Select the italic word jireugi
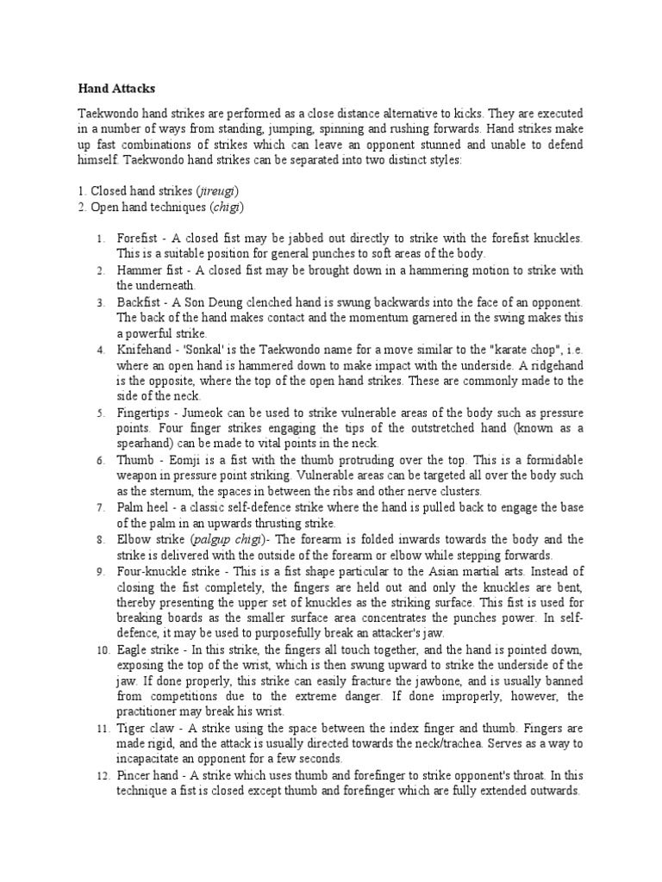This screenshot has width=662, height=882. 216,190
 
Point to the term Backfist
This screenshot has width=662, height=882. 137,302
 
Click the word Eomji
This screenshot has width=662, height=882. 178,460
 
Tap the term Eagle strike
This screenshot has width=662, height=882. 147,649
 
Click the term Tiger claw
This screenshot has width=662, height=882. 143,728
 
